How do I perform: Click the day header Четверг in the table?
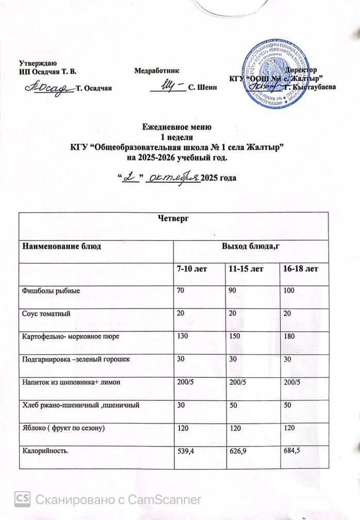[173, 219]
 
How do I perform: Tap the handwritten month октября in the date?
[172, 177]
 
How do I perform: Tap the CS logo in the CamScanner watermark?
[22, 499]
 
